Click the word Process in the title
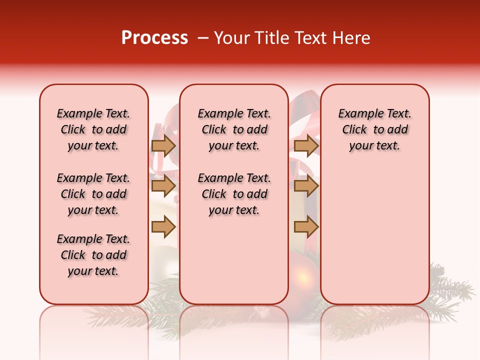coord(154,38)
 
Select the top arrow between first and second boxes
coord(163,145)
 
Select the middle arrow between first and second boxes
coord(163,186)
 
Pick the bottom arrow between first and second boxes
coord(163,227)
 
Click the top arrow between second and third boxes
coord(306,145)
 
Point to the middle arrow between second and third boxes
coord(306,186)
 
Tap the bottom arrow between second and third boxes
coord(306,227)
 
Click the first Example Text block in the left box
coord(93,129)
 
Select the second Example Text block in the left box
coord(93,194)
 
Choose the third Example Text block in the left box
coord(93,255)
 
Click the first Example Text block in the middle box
coord(234,129)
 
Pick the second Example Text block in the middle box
coord(234,194)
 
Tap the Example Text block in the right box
coord(374,129)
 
